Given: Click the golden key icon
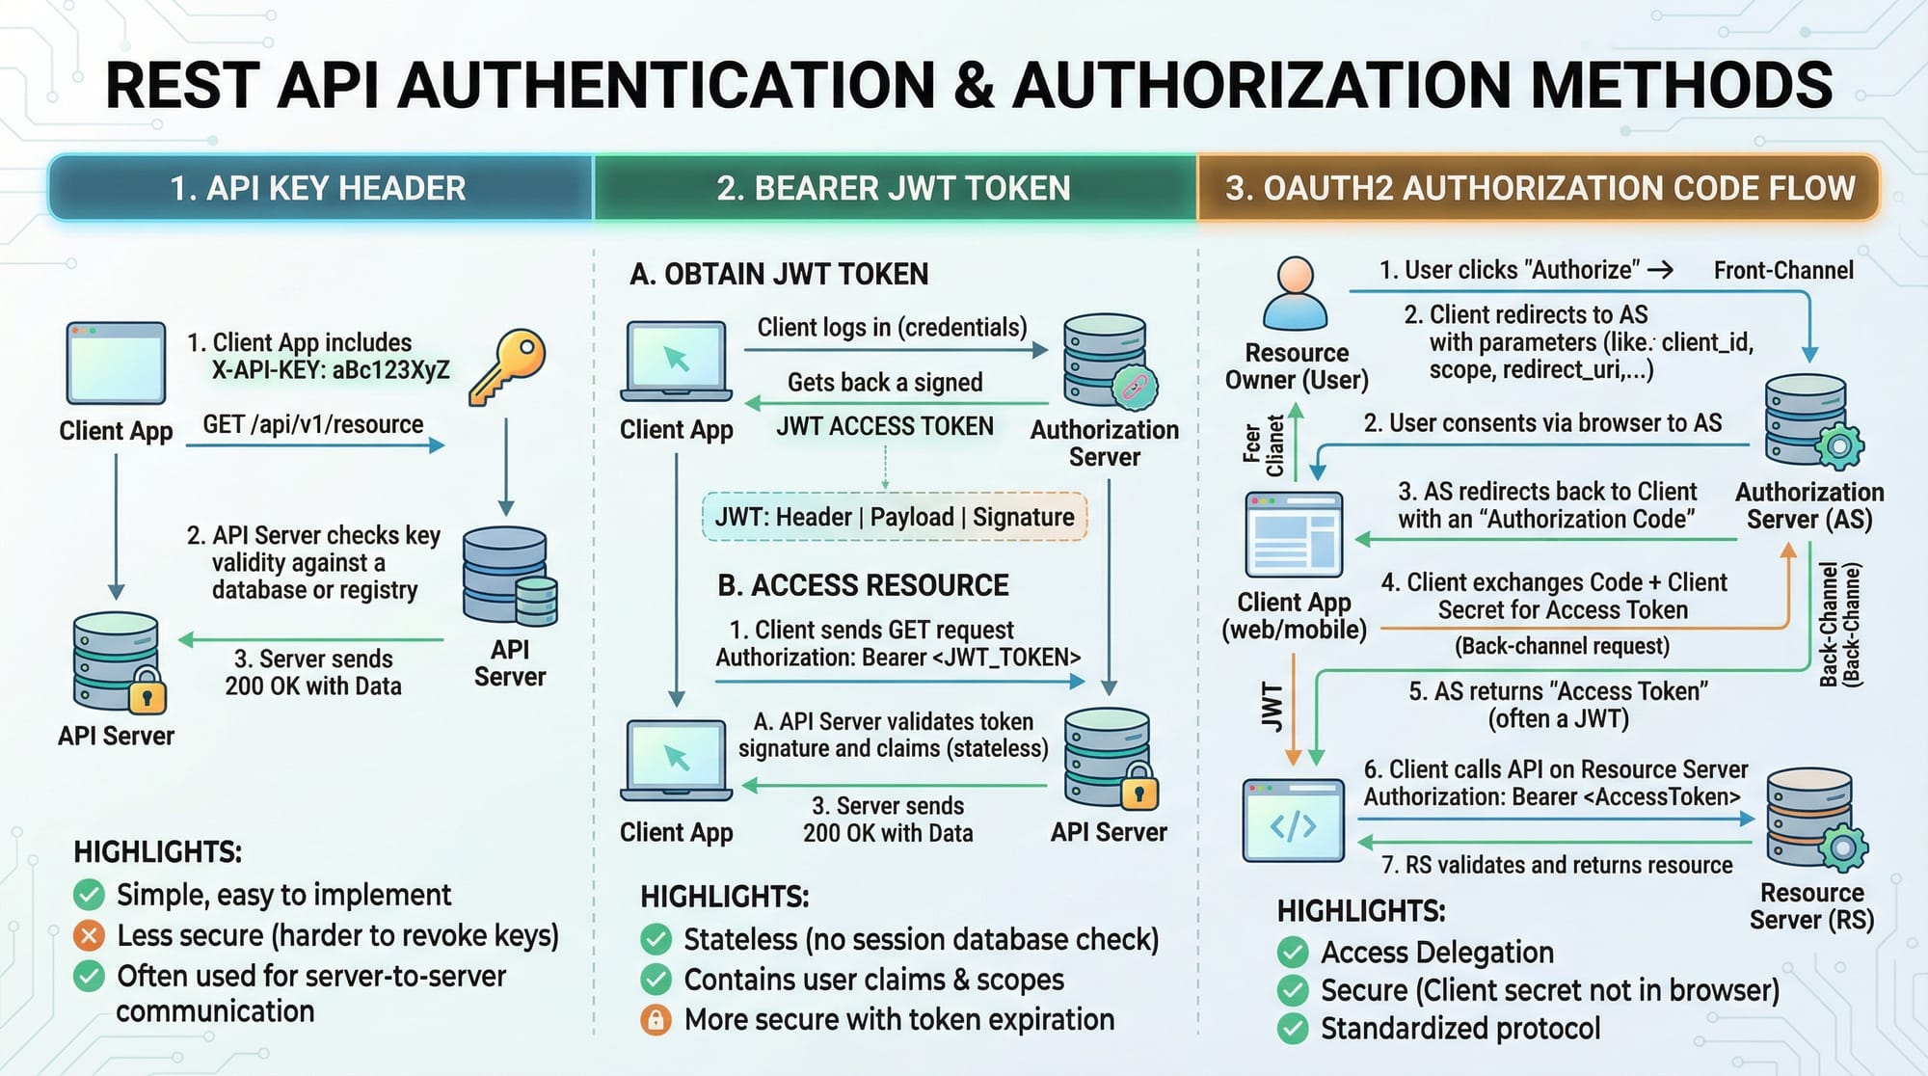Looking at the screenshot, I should click(x=508, y=366).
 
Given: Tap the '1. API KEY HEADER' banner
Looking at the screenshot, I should click(x=318, y=188).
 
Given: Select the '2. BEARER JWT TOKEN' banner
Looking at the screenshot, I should click(x=894, y=188).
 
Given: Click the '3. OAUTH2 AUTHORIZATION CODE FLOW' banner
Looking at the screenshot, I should click(x=1540, y=188).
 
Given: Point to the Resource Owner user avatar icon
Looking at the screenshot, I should click(x=1295, y=293).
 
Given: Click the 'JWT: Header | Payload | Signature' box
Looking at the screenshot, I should click(x=895, y=518).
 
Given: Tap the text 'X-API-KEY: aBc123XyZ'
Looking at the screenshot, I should click(x=331, y=370).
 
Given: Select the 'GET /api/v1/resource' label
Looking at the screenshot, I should click(x=313, y=425).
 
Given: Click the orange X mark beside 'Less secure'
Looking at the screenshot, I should click(x=90, y=935).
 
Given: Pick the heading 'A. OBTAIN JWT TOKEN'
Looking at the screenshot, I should click(x=779, y=275).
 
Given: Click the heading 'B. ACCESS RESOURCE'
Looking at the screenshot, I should click(x=863, y=585).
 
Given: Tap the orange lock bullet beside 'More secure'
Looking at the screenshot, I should click(x=656, y=1020).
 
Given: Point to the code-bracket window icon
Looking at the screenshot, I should click(x=1293, y=820).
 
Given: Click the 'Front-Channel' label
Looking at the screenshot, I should click(x=1783, y=271).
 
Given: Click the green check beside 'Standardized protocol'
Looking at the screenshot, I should click(x=1293, y=1029).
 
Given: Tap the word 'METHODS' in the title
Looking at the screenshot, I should click(x=1681, y=85).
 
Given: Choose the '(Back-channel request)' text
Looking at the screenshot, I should click(x=1562, y=646).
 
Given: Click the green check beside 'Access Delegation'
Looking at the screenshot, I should click(x=1293, y=953).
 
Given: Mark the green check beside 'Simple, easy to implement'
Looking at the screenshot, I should click(x=90, y=895).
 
